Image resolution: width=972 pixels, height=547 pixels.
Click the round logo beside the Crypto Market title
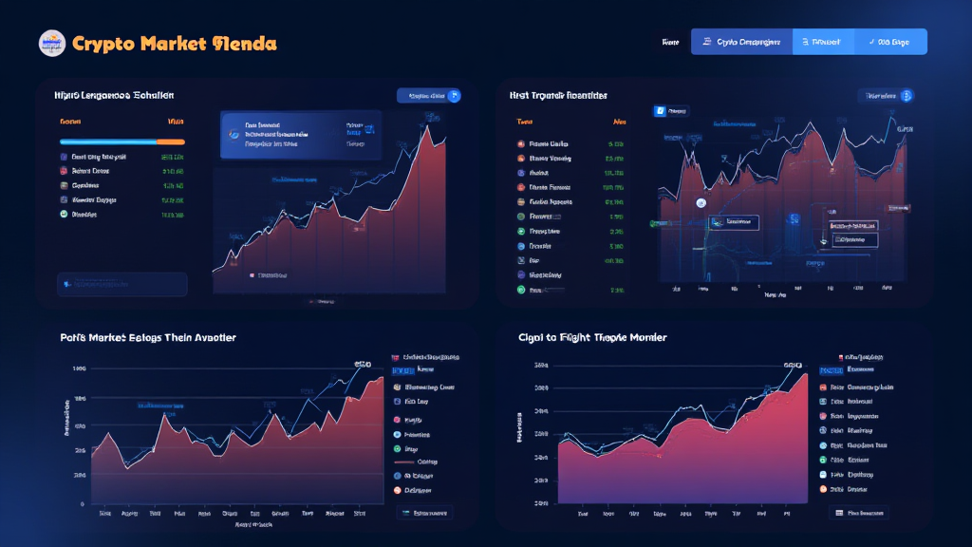point(52,43)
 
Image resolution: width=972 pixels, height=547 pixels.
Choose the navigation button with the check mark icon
point(890,42)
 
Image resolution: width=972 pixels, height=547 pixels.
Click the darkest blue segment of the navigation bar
point(741,42)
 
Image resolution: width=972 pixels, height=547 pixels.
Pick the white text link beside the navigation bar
point(670,42)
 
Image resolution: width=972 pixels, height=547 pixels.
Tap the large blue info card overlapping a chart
point(301,136)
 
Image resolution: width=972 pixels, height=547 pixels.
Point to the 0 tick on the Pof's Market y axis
point(82,504)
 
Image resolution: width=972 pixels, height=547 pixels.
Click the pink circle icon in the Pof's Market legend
point(397,419)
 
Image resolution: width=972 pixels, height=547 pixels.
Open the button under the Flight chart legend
point(858,513)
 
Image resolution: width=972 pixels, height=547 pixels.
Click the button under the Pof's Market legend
point(424,513)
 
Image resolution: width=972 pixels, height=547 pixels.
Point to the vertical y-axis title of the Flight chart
point(520,427)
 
